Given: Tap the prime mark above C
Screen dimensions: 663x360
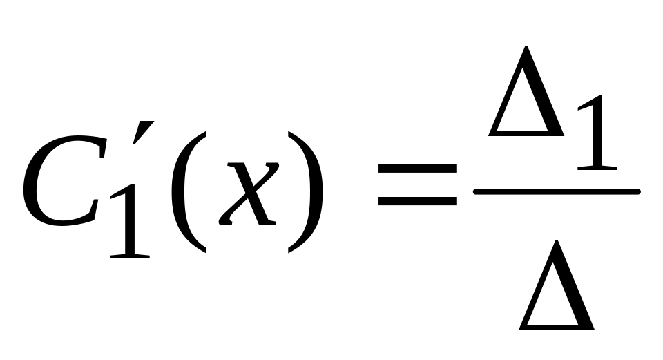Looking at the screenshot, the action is coord(144,133).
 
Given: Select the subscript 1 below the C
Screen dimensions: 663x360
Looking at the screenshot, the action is coord(130,221).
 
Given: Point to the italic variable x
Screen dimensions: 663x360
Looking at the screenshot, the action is coord(249,193).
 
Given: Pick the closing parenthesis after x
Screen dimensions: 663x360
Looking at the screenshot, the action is coord(305,192).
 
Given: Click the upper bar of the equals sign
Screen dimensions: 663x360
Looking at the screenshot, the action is coord(417,169).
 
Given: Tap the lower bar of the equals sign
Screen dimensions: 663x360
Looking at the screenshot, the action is coord(417,201).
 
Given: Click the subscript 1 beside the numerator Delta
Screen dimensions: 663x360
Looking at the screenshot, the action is coord(597,133).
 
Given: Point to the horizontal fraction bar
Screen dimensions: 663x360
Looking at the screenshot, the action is coord(557,191).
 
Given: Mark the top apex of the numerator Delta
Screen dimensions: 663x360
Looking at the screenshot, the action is coord(526,46).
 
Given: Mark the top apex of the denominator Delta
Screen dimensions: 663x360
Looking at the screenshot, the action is coord(557,240).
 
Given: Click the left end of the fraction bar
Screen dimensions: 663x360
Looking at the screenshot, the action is coord(474,191).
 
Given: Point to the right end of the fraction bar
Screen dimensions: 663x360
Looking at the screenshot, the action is coord(640,191).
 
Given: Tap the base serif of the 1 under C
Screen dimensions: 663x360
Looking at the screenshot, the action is coord(130,256).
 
